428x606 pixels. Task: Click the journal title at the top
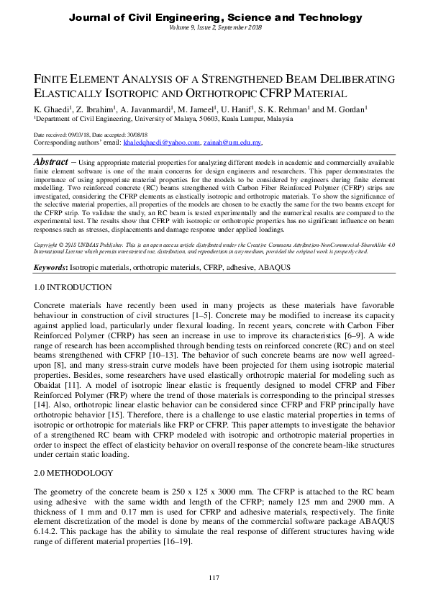tap(214, 16)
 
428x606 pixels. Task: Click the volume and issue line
tap(214, 27)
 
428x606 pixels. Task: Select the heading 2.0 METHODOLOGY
tap(75, 473)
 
